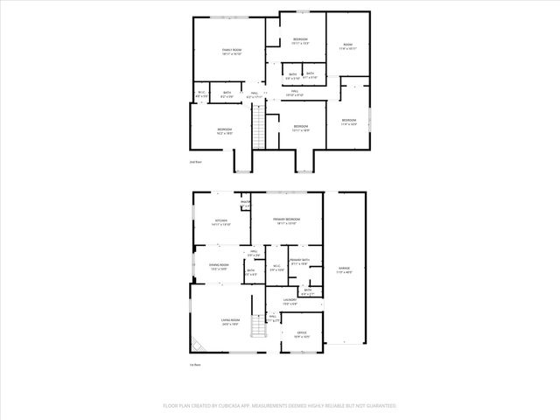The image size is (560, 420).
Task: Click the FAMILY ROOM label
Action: coord(231,50)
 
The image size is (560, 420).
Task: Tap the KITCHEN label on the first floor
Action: coord(220,221)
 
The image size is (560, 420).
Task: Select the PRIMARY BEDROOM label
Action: coord(286,219)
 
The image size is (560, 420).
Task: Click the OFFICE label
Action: coord(300,332)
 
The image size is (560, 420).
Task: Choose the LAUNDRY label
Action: coord(289,299)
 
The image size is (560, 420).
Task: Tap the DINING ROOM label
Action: coord(219,265)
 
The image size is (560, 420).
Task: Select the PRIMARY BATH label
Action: coord(300,261)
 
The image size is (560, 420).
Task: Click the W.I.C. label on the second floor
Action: coord(201,93)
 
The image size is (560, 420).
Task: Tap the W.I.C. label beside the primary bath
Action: coord(276,267)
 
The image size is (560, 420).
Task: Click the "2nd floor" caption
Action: coord(196,163)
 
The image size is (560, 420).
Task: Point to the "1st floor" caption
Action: coord(196,365)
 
